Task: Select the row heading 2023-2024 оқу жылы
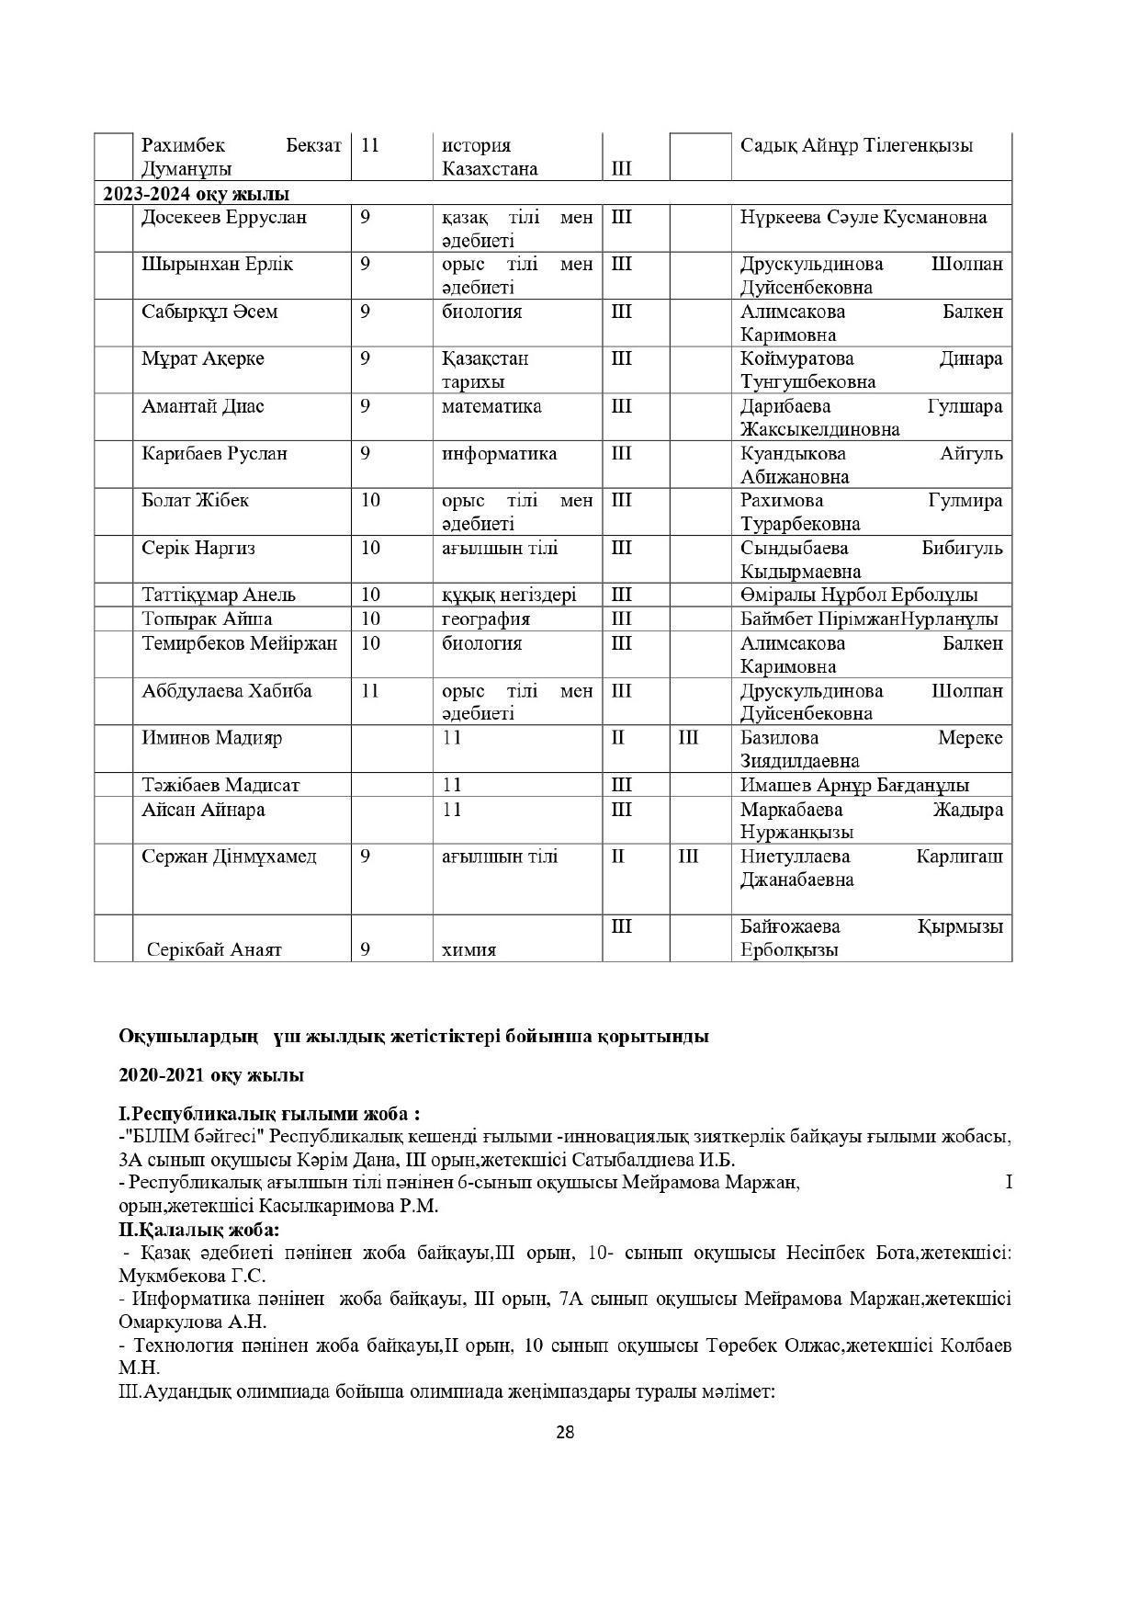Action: [196, 194]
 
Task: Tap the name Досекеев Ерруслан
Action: [224, 218]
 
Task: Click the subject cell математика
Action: [491, 406]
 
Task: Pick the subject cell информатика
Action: [499, 454]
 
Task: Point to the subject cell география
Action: [485, 619]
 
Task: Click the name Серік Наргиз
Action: [198, 549]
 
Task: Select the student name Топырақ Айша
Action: [207, 619]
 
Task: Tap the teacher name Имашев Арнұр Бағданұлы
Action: [854, 786]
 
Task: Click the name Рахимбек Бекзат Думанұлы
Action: [241, 157]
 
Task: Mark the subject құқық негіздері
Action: [509, 596]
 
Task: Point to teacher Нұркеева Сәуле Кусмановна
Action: [863, 218]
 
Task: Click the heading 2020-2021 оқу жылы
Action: [211, 1075]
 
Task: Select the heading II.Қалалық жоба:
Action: [199, 1230]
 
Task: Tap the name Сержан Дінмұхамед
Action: [229, 857]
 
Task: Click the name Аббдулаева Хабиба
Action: [226, 691]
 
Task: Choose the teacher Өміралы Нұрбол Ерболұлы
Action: [859, 596]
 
